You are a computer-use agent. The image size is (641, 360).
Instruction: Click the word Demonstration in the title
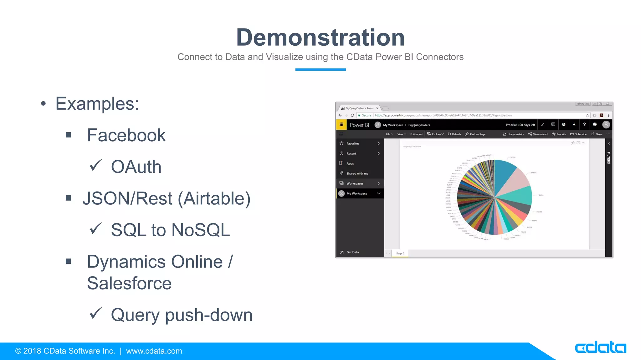pos(320,37)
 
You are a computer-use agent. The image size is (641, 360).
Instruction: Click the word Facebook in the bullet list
pos(126,135)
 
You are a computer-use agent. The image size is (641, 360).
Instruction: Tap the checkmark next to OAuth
pos(95,165)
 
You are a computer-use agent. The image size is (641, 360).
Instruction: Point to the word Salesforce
pos(129,283)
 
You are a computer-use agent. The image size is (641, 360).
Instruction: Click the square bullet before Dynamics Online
pos(69,261)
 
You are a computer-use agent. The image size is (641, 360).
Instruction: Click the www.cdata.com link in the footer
pos(154,351)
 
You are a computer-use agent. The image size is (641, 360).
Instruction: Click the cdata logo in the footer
pos(600,347)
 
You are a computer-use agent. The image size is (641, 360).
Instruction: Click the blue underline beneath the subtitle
pos(320,69)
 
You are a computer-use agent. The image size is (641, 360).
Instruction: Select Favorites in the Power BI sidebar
pos(353,143)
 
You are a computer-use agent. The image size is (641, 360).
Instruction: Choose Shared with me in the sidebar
pos(357,173)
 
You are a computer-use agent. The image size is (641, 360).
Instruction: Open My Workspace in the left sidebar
pos(356,193)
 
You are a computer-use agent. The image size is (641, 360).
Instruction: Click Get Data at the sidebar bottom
pos(352,252)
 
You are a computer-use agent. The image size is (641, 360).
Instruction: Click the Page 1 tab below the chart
pos(400,253)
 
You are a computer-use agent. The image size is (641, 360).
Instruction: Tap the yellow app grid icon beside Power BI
pos(341,125)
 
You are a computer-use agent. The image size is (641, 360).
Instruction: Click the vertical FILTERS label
pos(608,158)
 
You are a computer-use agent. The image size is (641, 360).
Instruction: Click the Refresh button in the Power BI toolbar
pos(454,134)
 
